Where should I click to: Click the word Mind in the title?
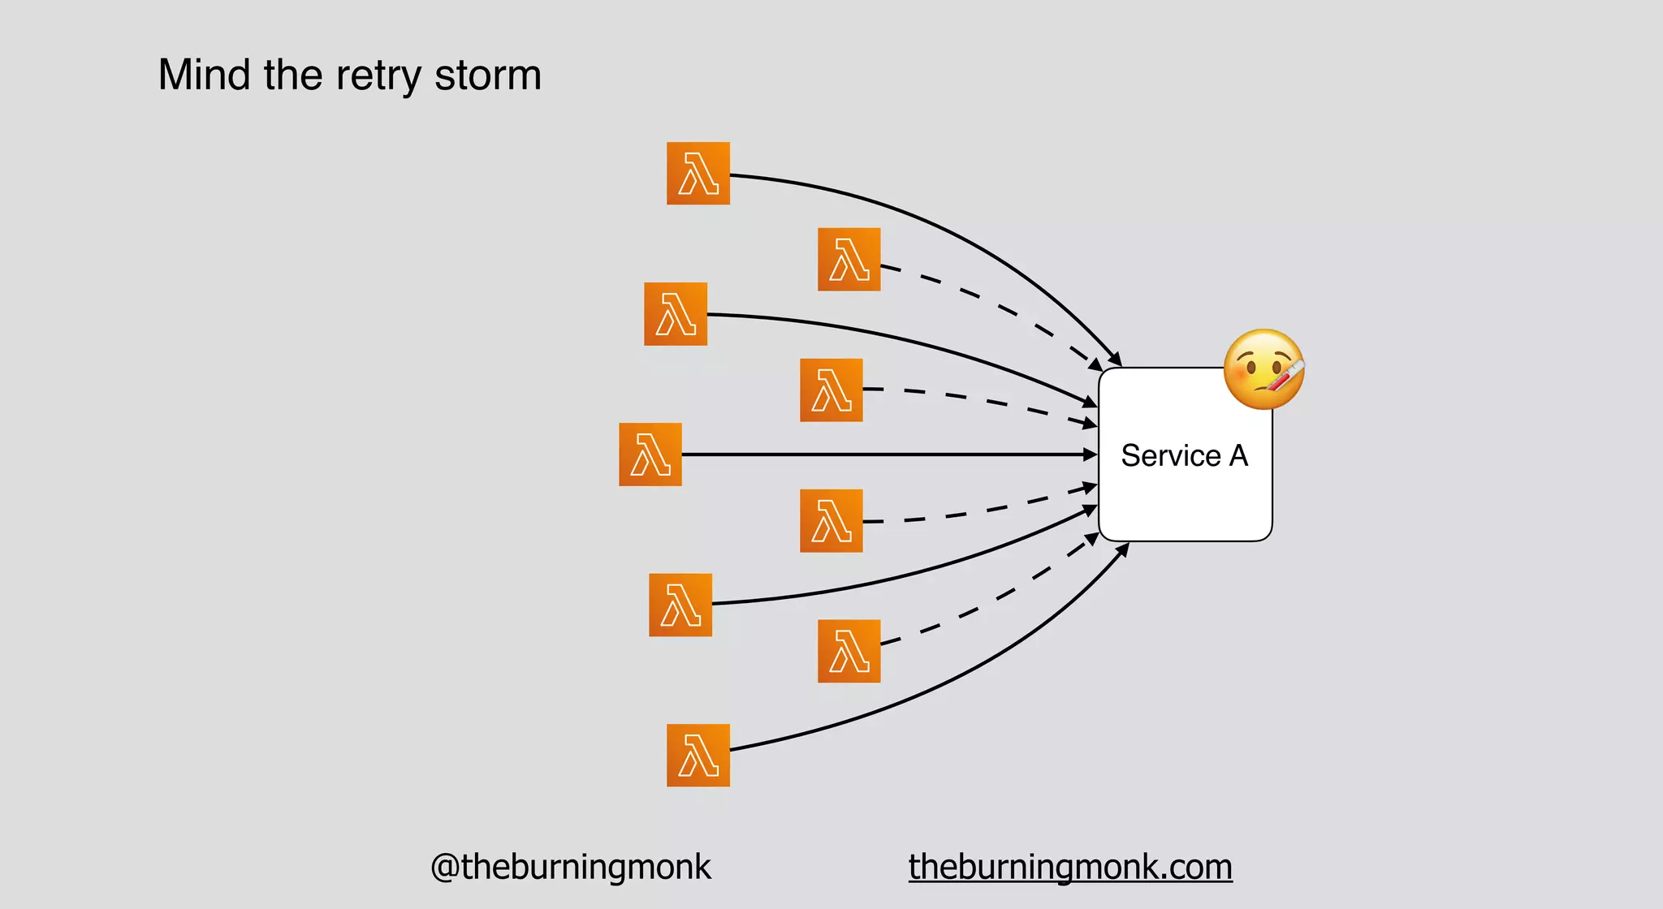pos(204,75)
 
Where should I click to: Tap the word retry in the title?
pos(378,76)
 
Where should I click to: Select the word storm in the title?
pos(487,75)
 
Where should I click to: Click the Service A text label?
pos(1184,455)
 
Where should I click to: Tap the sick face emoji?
pos(1263,369)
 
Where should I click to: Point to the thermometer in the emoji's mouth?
pos(1284,377)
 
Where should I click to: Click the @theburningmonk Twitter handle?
pos(570,867)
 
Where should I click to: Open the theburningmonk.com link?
pos(1070,867)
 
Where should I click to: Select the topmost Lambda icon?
pos(698,173)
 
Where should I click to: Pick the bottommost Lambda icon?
pos(698,755)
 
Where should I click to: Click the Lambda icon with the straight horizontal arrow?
pos(650,454)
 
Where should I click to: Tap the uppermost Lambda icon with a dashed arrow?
pos(849,260)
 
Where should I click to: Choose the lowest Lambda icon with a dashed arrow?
pos(849,651)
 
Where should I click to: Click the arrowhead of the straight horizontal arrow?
pos(1091,454)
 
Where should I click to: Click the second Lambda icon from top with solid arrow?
pos(676,314)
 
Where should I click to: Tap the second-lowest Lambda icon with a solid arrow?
pos(680,605)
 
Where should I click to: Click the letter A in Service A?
pos(1238,455)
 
